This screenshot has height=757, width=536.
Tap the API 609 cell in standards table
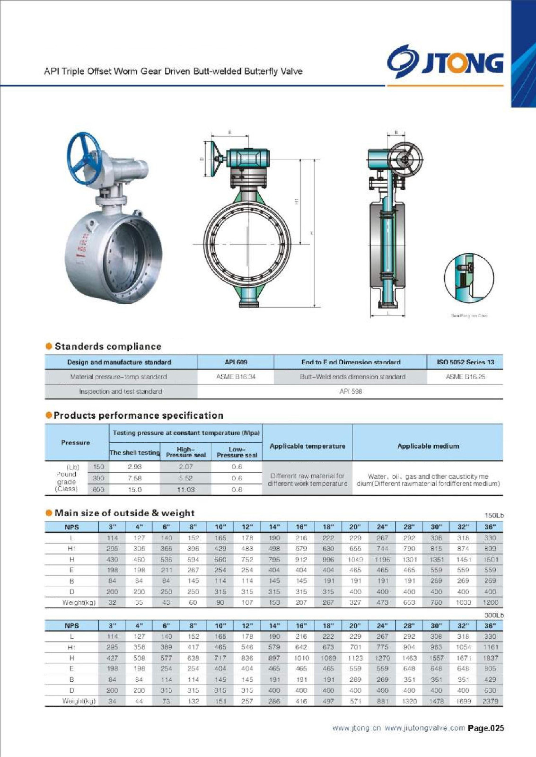[x=236, y=362]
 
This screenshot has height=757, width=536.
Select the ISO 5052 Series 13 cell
[x=465, y=362]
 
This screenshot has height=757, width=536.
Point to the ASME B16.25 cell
[x=465, y=377]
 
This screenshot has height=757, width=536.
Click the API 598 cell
[x=350, y=392]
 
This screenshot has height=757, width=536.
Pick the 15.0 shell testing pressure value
[x=135, y=490]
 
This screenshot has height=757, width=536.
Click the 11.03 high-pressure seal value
[x=186, y=490]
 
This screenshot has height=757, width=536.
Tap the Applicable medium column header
[x=428, y=446]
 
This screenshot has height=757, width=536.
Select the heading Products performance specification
[x=138, y=415]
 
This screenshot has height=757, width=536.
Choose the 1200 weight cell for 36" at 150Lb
[x=490, y=603]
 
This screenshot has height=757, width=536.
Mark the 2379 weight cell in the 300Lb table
[x=490, y=701]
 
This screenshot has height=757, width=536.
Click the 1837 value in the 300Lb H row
[x=490, y=658]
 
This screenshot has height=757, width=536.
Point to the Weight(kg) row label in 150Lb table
[x=79, y=603]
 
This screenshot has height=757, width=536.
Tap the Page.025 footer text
[x=486, y=728]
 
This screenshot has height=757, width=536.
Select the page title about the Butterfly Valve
[x=173, y=71]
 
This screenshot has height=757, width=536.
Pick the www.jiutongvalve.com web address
[x=424, y=728]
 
